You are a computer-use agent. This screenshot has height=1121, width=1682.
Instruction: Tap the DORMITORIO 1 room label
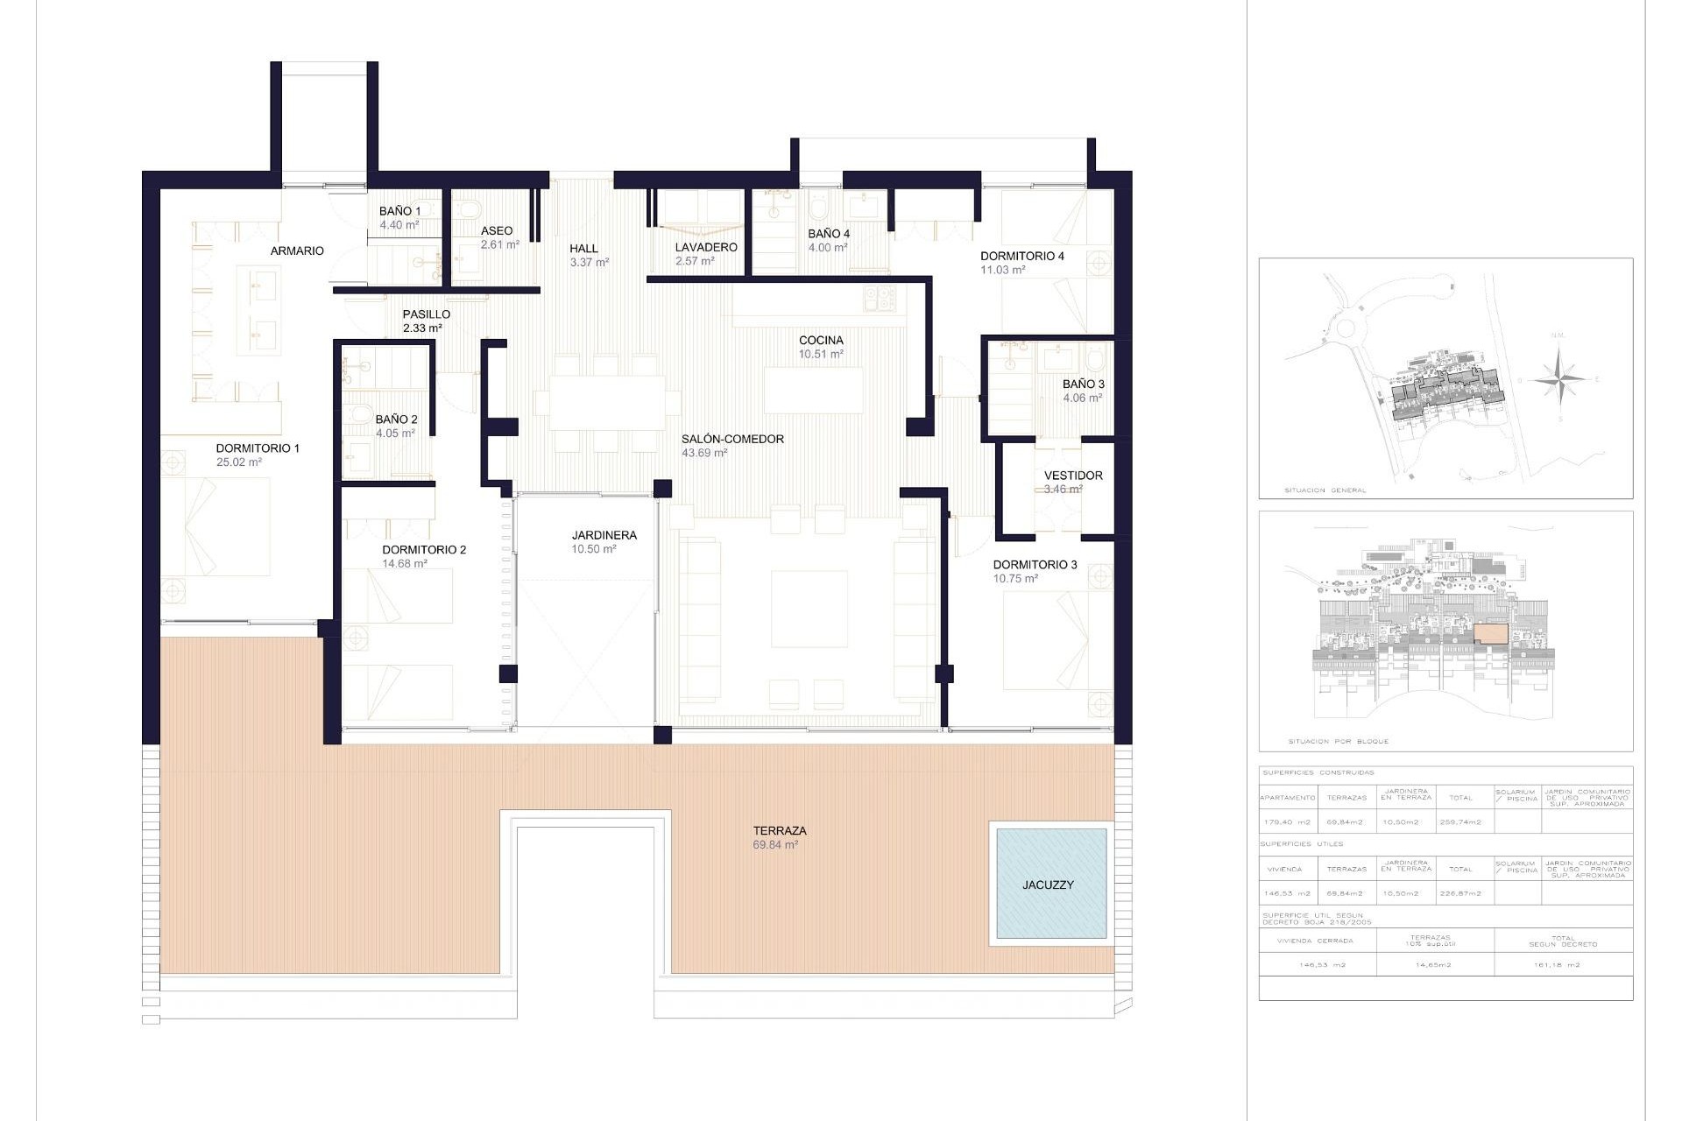(258, 448)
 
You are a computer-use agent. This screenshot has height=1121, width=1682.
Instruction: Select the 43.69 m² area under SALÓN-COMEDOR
(704, 453)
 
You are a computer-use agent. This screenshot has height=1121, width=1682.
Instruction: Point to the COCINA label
(821, 340)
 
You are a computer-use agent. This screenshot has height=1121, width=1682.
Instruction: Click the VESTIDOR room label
(1073, 476)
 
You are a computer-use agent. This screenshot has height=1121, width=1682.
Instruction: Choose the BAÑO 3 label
(1083, 384)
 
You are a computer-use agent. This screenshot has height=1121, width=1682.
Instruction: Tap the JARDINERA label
(604, 535)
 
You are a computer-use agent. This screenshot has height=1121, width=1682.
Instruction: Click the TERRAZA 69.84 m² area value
(775, 845)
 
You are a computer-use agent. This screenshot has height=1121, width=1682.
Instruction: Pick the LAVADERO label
(705, 247)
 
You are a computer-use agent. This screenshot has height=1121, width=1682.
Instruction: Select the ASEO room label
(497, 231)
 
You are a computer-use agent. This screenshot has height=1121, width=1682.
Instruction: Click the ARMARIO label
(297, 250)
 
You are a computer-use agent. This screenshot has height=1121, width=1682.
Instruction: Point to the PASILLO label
(426, 314)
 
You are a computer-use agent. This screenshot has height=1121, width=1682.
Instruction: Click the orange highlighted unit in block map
(1490, 634)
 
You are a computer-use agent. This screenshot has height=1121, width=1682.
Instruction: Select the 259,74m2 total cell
(1460, 822)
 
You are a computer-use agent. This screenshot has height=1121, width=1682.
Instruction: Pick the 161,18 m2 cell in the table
(1564, 965)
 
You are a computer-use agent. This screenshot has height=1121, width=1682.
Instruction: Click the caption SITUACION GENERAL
(1325, 490)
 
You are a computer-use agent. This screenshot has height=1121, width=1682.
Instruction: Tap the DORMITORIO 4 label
(1021, 256)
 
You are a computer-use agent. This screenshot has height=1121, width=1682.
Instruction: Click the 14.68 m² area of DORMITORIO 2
(405, 564)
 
